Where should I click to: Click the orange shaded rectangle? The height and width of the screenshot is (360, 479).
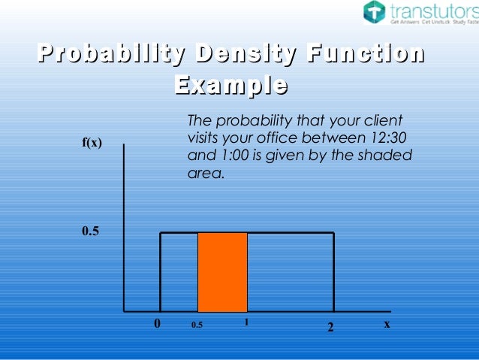coord(222,272)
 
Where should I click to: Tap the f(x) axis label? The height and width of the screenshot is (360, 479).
coord(92,143)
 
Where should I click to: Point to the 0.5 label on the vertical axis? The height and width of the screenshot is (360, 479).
coord(90,231)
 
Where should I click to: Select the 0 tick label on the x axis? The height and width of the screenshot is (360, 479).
coord(158,325)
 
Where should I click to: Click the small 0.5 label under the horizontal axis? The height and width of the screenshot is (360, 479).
coord(197,325)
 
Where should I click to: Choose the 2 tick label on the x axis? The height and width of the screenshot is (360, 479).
coord(330,328)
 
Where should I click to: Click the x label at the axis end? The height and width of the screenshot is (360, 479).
coord(387,324)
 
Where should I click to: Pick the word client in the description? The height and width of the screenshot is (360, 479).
coord(383,121)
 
